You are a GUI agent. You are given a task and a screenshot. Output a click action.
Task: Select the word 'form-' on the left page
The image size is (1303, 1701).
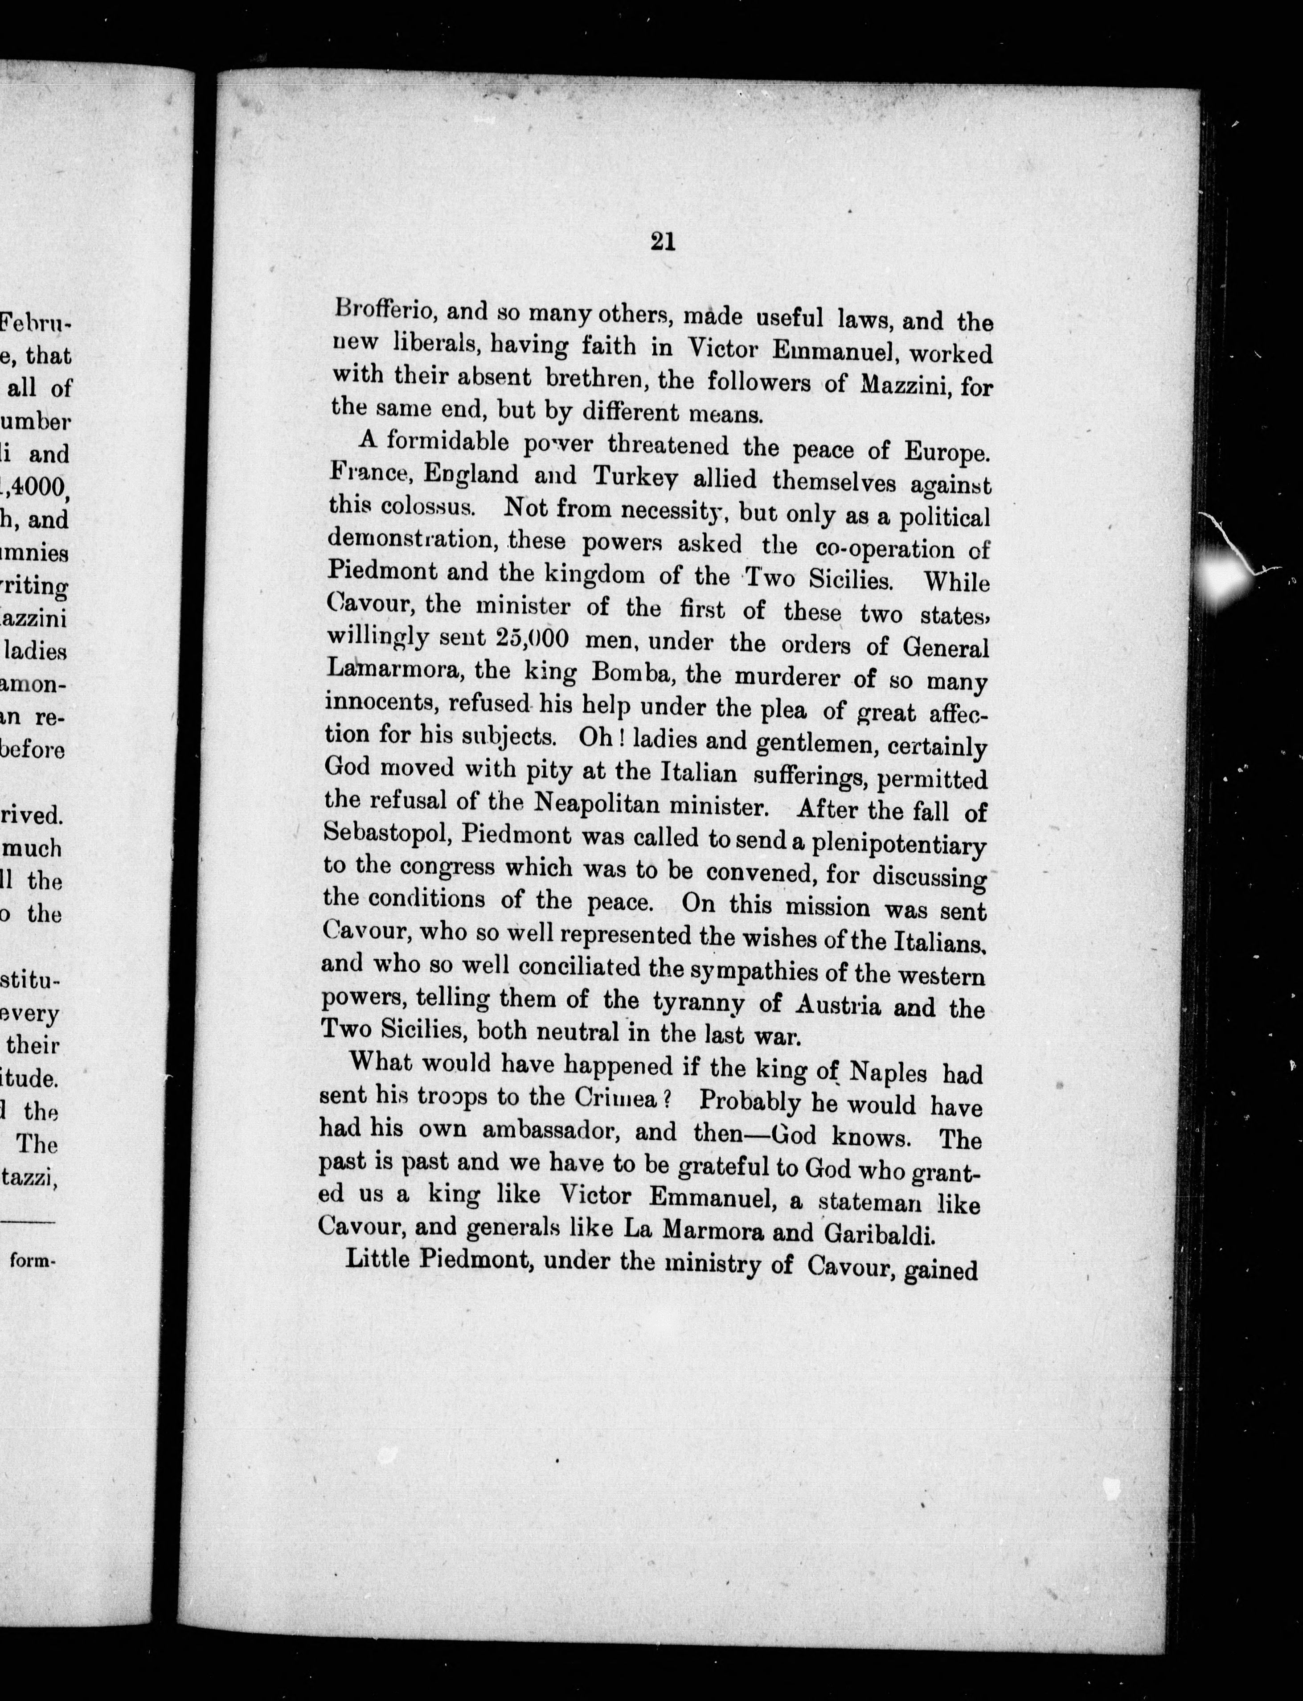tap(33, 1261)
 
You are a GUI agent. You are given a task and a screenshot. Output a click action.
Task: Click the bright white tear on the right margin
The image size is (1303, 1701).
tap(1224, 575)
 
